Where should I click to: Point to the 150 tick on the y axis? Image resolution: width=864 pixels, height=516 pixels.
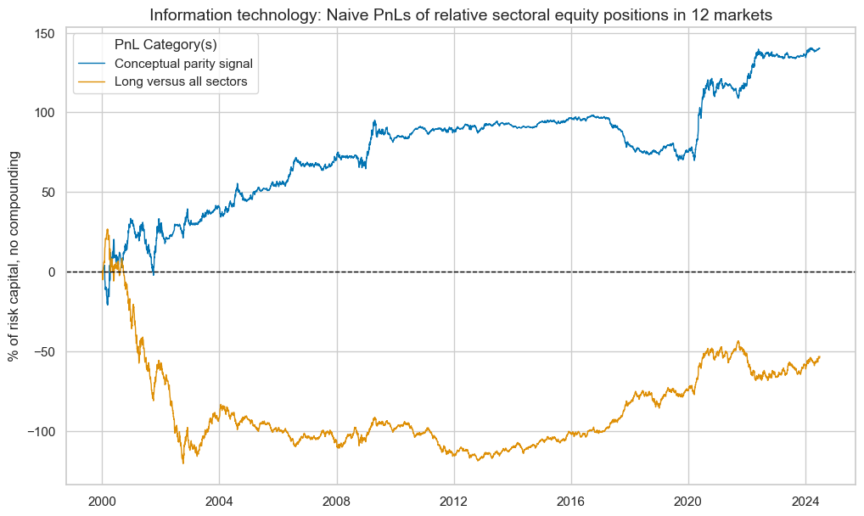click(45, 33)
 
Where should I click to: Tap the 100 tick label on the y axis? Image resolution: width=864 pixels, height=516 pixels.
click(45, 113)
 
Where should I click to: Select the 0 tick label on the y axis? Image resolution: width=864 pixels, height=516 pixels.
click(52, 272)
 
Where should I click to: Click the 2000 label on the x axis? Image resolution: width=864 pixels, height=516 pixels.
click(102, 500)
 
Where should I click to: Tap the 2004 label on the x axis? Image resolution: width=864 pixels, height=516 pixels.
click(219, 500)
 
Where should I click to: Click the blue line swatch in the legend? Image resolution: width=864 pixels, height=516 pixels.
click(93, 63)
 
